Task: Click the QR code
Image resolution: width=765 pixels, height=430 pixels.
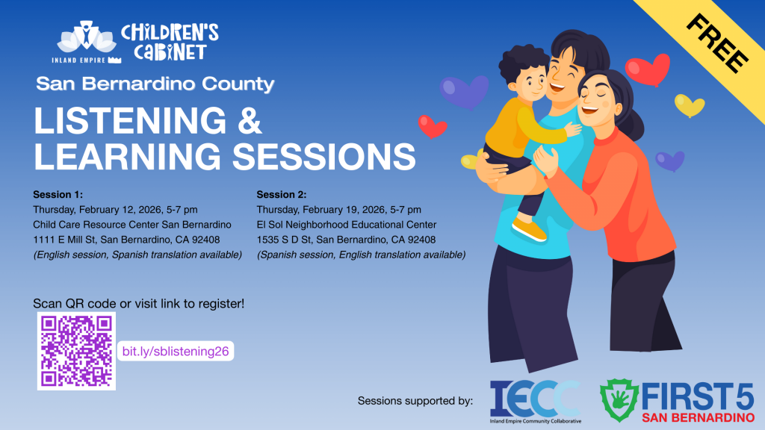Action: [76, 351]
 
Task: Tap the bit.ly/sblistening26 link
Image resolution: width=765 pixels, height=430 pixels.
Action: [175, 351]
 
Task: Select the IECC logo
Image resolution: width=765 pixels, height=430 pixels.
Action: [535, 401]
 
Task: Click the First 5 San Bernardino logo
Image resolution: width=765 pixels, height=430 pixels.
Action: [677, 401]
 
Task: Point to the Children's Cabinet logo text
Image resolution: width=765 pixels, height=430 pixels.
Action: [170, 41]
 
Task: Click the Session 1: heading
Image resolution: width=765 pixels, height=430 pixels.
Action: [58, 195]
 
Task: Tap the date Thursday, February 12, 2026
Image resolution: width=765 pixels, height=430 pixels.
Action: [104, 210]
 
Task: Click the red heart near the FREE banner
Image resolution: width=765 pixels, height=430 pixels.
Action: [647, 69]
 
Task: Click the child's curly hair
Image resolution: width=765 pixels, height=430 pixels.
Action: [525, 60]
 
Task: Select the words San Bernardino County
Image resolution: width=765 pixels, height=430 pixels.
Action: [155, 84]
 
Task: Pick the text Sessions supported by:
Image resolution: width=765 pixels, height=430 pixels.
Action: [415, 401]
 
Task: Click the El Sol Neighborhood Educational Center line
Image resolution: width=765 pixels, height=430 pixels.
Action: [347, 225]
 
